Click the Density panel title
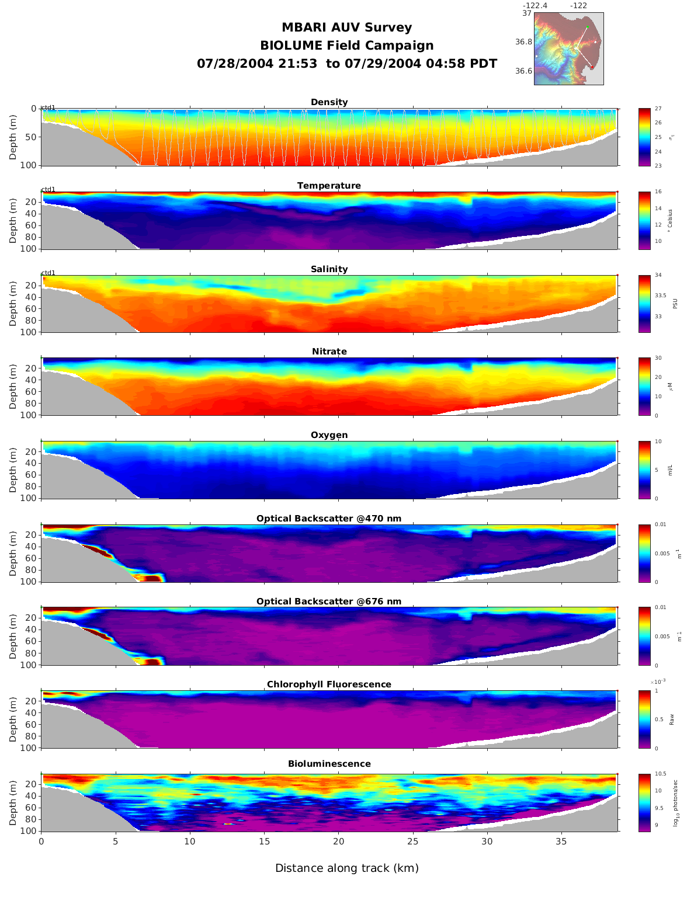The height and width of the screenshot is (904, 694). pyautogui.click(x=329, y=102)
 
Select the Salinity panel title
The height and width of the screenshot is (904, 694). pyautogui.click(x=329, y=269)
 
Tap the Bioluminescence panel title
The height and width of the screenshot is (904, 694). pyautogui.click(x=329, y=764)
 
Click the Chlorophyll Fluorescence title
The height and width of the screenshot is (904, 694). pyautogui.click(x=329, y=684)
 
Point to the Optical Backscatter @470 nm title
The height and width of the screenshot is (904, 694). pyautogui.click(x=329, y=519)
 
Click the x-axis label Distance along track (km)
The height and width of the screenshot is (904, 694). pyautogui.click(x=347, y=868)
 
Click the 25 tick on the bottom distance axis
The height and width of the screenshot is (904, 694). pyautogui.click(x=413, y=842)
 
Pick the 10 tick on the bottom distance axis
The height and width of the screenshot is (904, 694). pyautogui.click(x=190, y=842)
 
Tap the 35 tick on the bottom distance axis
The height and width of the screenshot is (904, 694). pyautogui.click(x=561, y=842)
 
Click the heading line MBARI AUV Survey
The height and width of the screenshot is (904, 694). pyautogui.click(x=347, y=27)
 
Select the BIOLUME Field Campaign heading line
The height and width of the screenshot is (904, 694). pyautogui.click(x=347, y=46)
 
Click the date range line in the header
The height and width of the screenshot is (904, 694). pyautogui.click(x=347, y=64)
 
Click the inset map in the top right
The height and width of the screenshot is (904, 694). pyautogui.click(x=568, y=48)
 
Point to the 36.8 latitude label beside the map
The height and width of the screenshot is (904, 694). pyautogui.click(x=523, y=42)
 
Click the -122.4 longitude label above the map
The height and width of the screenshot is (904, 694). pyautogui.click(x=535, y=6)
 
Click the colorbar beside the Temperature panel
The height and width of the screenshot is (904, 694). pyautogui.click(x=644, y=221)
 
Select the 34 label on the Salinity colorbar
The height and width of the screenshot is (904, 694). pyautogui.click(x=658, y=275)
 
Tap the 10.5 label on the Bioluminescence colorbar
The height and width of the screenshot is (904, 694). pyautogui.click(x=660, y=774)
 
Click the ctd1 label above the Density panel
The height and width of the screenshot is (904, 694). pyautogui.click(x=48, y=107)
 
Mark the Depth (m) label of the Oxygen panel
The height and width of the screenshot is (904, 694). pyautogui.click(x=13, y=470)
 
